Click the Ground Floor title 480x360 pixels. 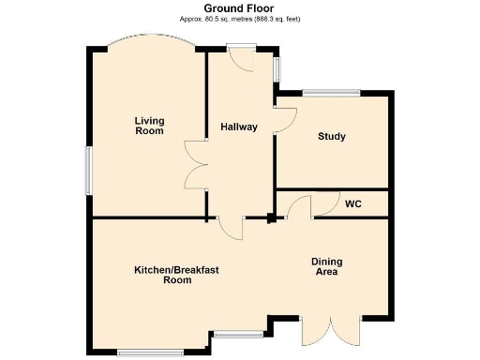pyautogui.click(x=240, y=8)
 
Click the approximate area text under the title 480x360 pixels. pyautogui.click(x=240, y=19)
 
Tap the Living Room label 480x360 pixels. pyautogui.click(x=148, y=126)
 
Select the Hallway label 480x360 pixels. pyautogui.click(x=239, y=127)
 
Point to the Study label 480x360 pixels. pyautogui.click(x=332, y=137)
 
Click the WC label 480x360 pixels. pyautogui.click(x=353, y=203)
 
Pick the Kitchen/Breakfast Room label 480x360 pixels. pyautogui.click(x=176, y=275)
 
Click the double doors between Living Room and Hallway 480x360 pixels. pyautogui.click(x=196, y=164)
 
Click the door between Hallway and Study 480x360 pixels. pyautogui.click(x=283, y=118)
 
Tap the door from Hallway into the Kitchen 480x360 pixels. pyautogui.click(x=230, y=226)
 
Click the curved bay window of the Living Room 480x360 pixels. pyautogui.click(x=149, y=43)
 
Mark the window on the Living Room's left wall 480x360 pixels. pyautogui.click(x=90, y=170)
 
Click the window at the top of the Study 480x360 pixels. pyautogui.click(x=331, y=92)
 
